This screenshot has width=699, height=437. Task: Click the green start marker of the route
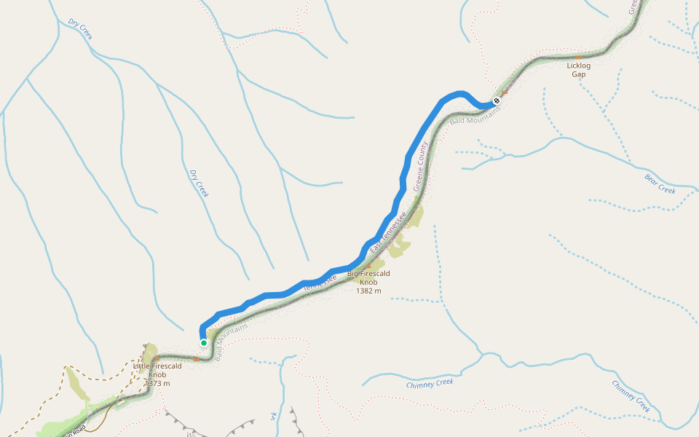(x=204, y=342)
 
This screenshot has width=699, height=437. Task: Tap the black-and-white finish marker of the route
(x=497, y=101)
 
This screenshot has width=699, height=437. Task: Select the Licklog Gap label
(x=579, y=69)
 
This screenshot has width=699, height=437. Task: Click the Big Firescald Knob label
(x=368, y=277)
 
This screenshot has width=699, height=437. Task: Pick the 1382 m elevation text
(x=368, y=291)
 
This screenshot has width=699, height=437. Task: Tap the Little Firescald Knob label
(x=157, y=370)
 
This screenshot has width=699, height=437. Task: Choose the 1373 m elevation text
(x=157, y=383)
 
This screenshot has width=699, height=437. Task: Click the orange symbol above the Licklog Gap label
(x=579, y=57)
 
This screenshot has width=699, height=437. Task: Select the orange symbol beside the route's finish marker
(x=504, y=93)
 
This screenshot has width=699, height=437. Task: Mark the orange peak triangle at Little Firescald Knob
(x=157, y=360)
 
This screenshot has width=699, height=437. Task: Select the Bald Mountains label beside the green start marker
(x=231, y=333)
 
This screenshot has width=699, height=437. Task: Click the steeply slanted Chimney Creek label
(x=631, y=395)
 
